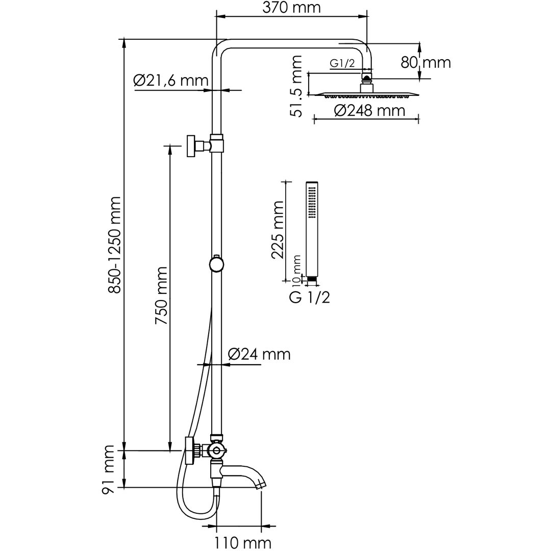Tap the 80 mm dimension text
click(x=426, y=63)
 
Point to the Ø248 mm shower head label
click(x=369, y=110)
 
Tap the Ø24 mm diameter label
click(x=259, y=354)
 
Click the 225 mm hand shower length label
click(x=278, y=230)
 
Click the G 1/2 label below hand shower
click(x=309, y=297)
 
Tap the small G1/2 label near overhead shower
click(x=342, y=63)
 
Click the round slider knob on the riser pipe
click(x=216, y=264)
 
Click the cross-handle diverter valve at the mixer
click(x=216, y=450)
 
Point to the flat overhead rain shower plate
click(x=366, y=94)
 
